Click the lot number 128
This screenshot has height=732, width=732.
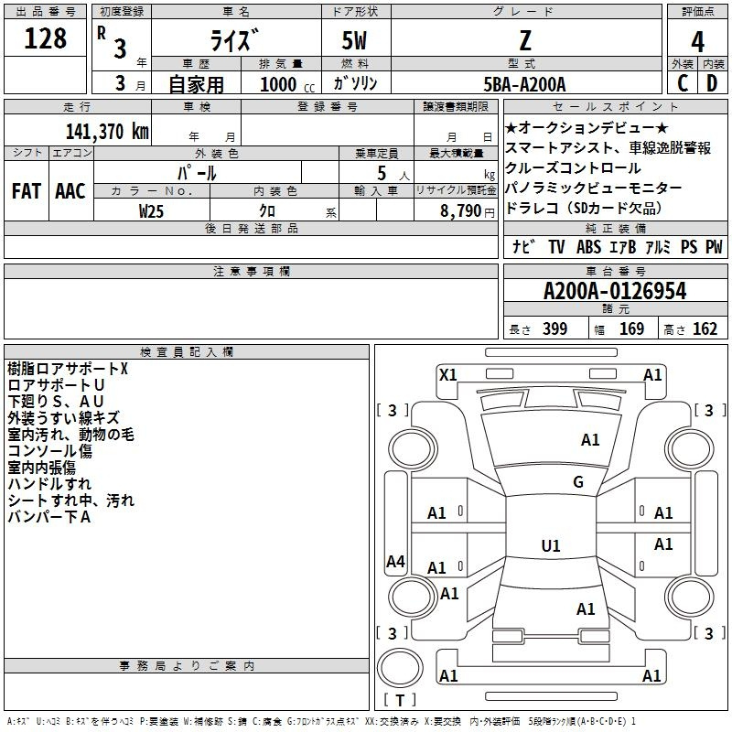tap(46, 39)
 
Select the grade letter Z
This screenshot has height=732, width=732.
tap(526, 40)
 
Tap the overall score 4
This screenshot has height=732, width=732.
tap(697, 41)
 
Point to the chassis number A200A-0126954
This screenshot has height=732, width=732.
tap(615, 292)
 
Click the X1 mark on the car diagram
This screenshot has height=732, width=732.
tap(448, 374)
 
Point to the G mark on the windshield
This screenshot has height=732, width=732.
tap(578, 482)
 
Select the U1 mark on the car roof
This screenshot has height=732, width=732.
tap(550, 546)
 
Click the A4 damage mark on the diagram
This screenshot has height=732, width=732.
tap(395, 562)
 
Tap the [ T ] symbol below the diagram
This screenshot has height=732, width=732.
tap(399, 700)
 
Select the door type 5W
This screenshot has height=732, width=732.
tap(356, 41)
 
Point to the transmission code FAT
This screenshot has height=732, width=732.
tap(26, 191)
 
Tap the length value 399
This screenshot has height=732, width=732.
tap(554, 329)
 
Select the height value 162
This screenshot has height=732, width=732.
tap(705, 329)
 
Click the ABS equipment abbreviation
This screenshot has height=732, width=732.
tap(588, 247)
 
